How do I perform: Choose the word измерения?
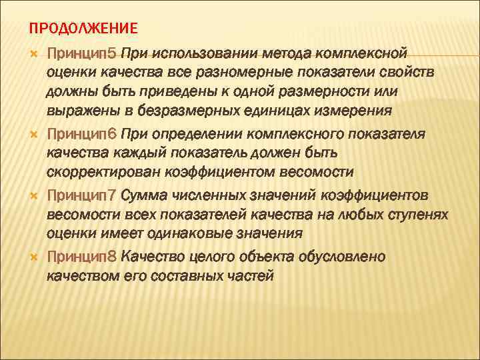354,110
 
